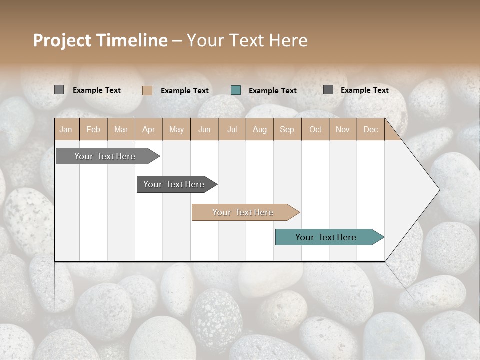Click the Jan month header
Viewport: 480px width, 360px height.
coord(66,130)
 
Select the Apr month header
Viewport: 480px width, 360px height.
coord(149,130)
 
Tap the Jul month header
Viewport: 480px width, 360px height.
coord(232,130)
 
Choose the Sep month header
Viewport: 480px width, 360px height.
coord(287,130)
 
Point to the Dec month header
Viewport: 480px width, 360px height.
coord(370,130)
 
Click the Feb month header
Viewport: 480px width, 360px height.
coord(93,130)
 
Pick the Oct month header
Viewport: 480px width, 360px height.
coord(315,130)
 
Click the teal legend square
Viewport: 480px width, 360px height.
coord(236,90)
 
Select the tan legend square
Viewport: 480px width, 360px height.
coord(147,90)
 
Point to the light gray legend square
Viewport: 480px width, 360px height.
coord(59,90)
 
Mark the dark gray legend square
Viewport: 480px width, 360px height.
coord(328,90)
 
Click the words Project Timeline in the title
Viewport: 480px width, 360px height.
coord(100,40)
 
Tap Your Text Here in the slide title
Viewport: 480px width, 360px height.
coord(247,40)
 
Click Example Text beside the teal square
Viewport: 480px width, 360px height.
coord(272,91)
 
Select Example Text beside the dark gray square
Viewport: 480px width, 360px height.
coord(364,90)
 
